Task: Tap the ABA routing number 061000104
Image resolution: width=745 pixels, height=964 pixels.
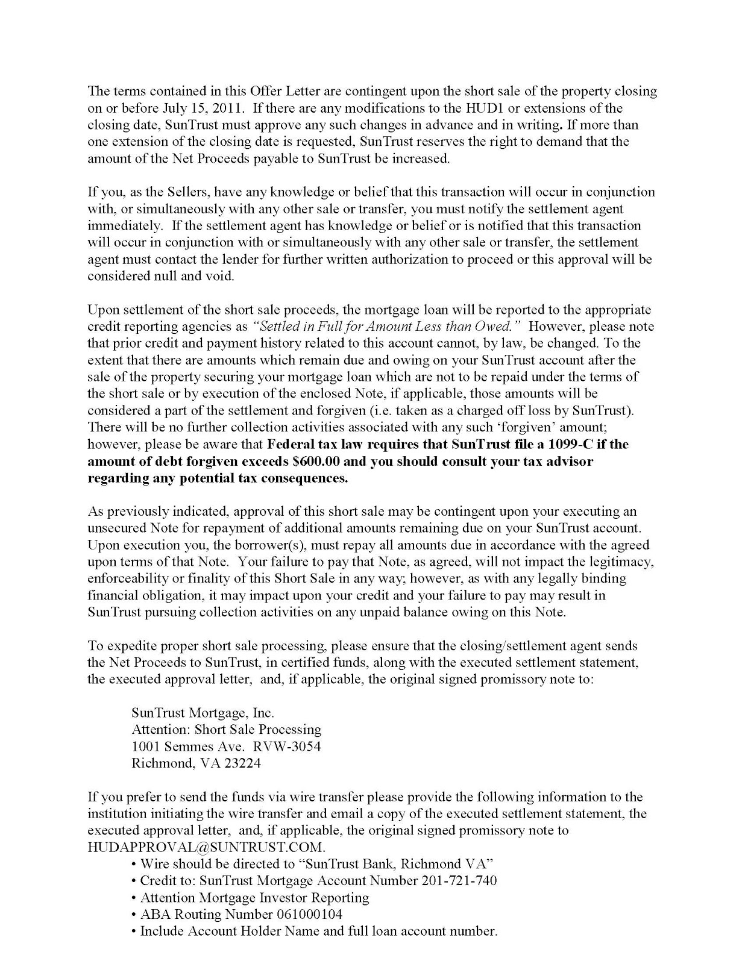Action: pos(309,914)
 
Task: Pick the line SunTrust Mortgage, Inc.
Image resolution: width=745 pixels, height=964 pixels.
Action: pos(203,713)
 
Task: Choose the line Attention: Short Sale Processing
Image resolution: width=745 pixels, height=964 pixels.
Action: pos(226,729)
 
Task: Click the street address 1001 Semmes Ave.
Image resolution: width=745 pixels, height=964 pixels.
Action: pos(188,746)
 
